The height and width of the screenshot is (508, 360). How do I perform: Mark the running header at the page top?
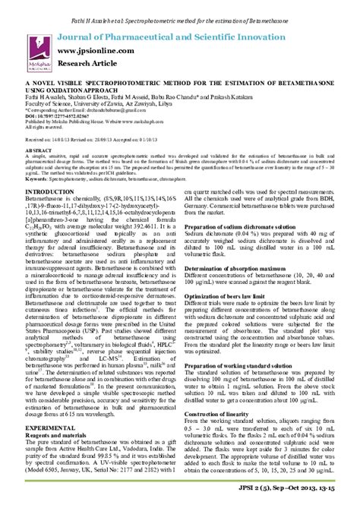click(x=180, y=7)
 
